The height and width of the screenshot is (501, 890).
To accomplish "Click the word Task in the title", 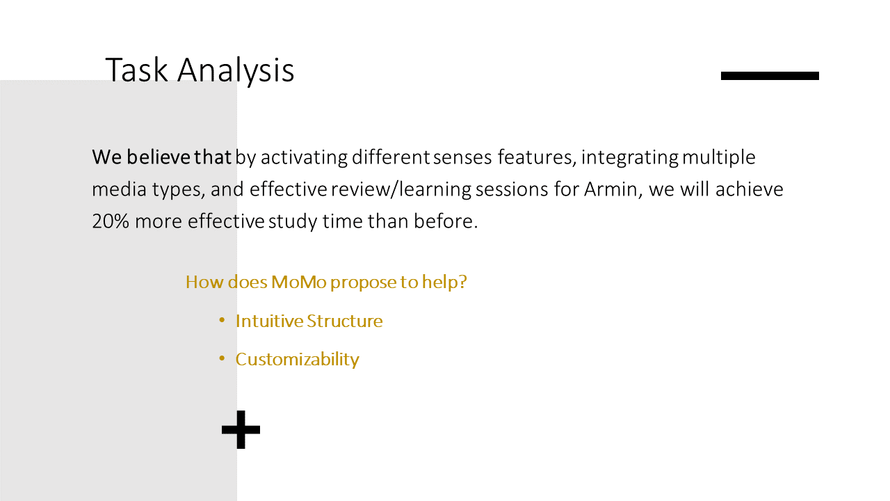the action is [137, 70].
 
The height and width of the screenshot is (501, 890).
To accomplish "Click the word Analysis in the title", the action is [236, 71].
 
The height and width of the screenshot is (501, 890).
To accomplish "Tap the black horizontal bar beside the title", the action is [770, 76].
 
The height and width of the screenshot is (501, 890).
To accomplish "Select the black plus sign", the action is [241, 429].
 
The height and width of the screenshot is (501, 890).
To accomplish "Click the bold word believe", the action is [158, 157].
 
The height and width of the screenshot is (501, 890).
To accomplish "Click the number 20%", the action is [111, 221].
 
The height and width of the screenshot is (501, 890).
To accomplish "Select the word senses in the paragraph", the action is [462, 157].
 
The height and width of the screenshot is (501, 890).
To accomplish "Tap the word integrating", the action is [630, 157].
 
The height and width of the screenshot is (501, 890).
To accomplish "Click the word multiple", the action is [719, 157].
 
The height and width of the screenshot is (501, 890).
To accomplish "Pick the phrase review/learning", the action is [401, 189].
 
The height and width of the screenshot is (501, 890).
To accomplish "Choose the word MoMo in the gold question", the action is [299, 282].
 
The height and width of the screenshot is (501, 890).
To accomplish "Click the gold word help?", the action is [444, 282].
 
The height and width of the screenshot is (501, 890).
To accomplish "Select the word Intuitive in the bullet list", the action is [269, 321].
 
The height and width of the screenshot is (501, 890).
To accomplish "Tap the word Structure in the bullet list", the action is [344, 321].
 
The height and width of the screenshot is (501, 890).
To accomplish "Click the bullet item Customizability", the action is [297, 360].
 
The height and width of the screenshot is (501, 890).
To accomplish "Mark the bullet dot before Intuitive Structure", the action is [222, 319].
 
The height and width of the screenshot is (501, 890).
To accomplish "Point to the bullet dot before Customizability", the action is [222, 358].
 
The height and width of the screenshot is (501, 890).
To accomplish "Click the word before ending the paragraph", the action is [446, 221].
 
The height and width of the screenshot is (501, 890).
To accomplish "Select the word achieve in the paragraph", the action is [749, 189].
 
